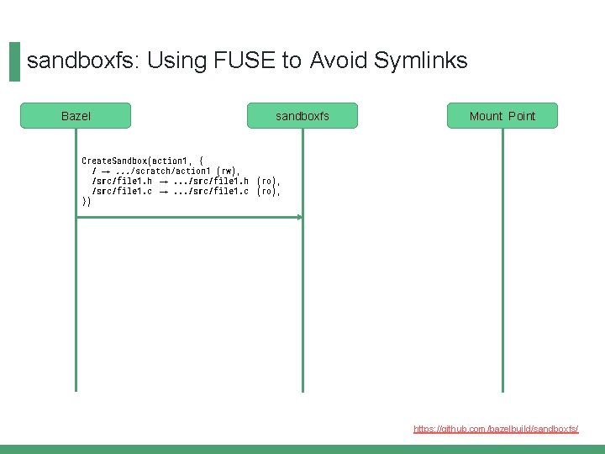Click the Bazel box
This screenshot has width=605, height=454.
point(76,116)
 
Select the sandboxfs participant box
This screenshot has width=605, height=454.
point(302,116)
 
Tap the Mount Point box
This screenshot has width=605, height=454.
point(502,116)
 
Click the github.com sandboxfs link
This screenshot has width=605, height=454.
point(496,429)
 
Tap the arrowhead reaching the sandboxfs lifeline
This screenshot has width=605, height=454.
point(299,217)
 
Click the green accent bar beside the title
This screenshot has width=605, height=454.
point(14,62)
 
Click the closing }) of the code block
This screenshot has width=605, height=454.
point(86,202)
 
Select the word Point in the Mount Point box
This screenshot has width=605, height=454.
point(521,116)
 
